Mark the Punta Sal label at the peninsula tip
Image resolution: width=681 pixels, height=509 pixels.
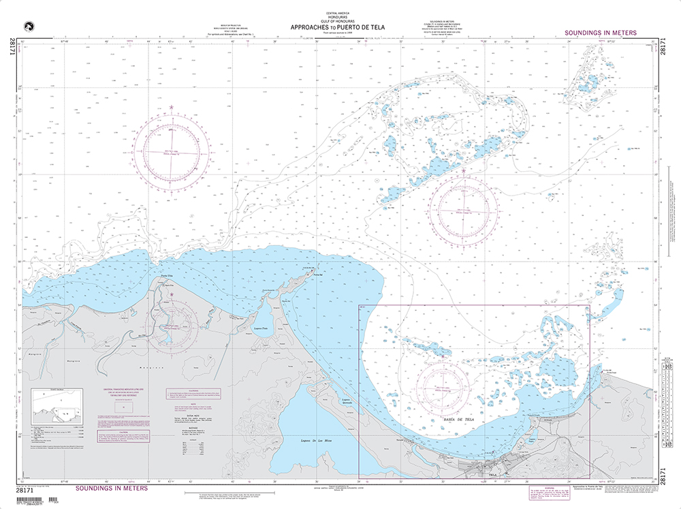[x=317, y=275]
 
